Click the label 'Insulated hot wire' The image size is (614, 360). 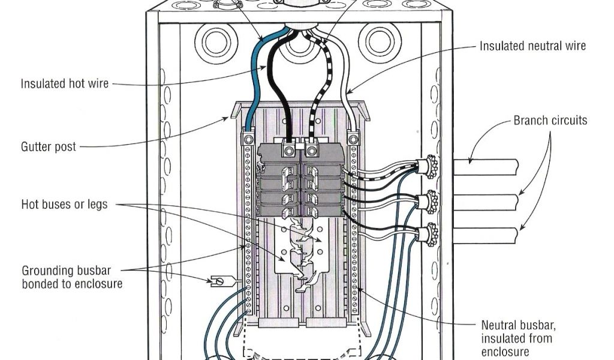pyautogui.click(x=65, y=83)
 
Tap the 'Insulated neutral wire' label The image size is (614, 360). pyautogui.click(x=532, y=46)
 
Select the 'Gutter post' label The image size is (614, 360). pyautogui.click(x=49, y=146)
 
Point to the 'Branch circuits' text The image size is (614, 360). pyautogui.click(x=550, y=121)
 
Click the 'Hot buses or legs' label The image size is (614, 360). pyautogui.click(x=65, y=204)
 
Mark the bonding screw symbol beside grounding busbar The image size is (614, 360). pyautogui.click(x=217, y=280)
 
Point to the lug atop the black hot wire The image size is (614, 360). pyautogui.click(x=290, y=146)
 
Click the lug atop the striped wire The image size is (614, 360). pyautogui.click(x=311, y=146)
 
